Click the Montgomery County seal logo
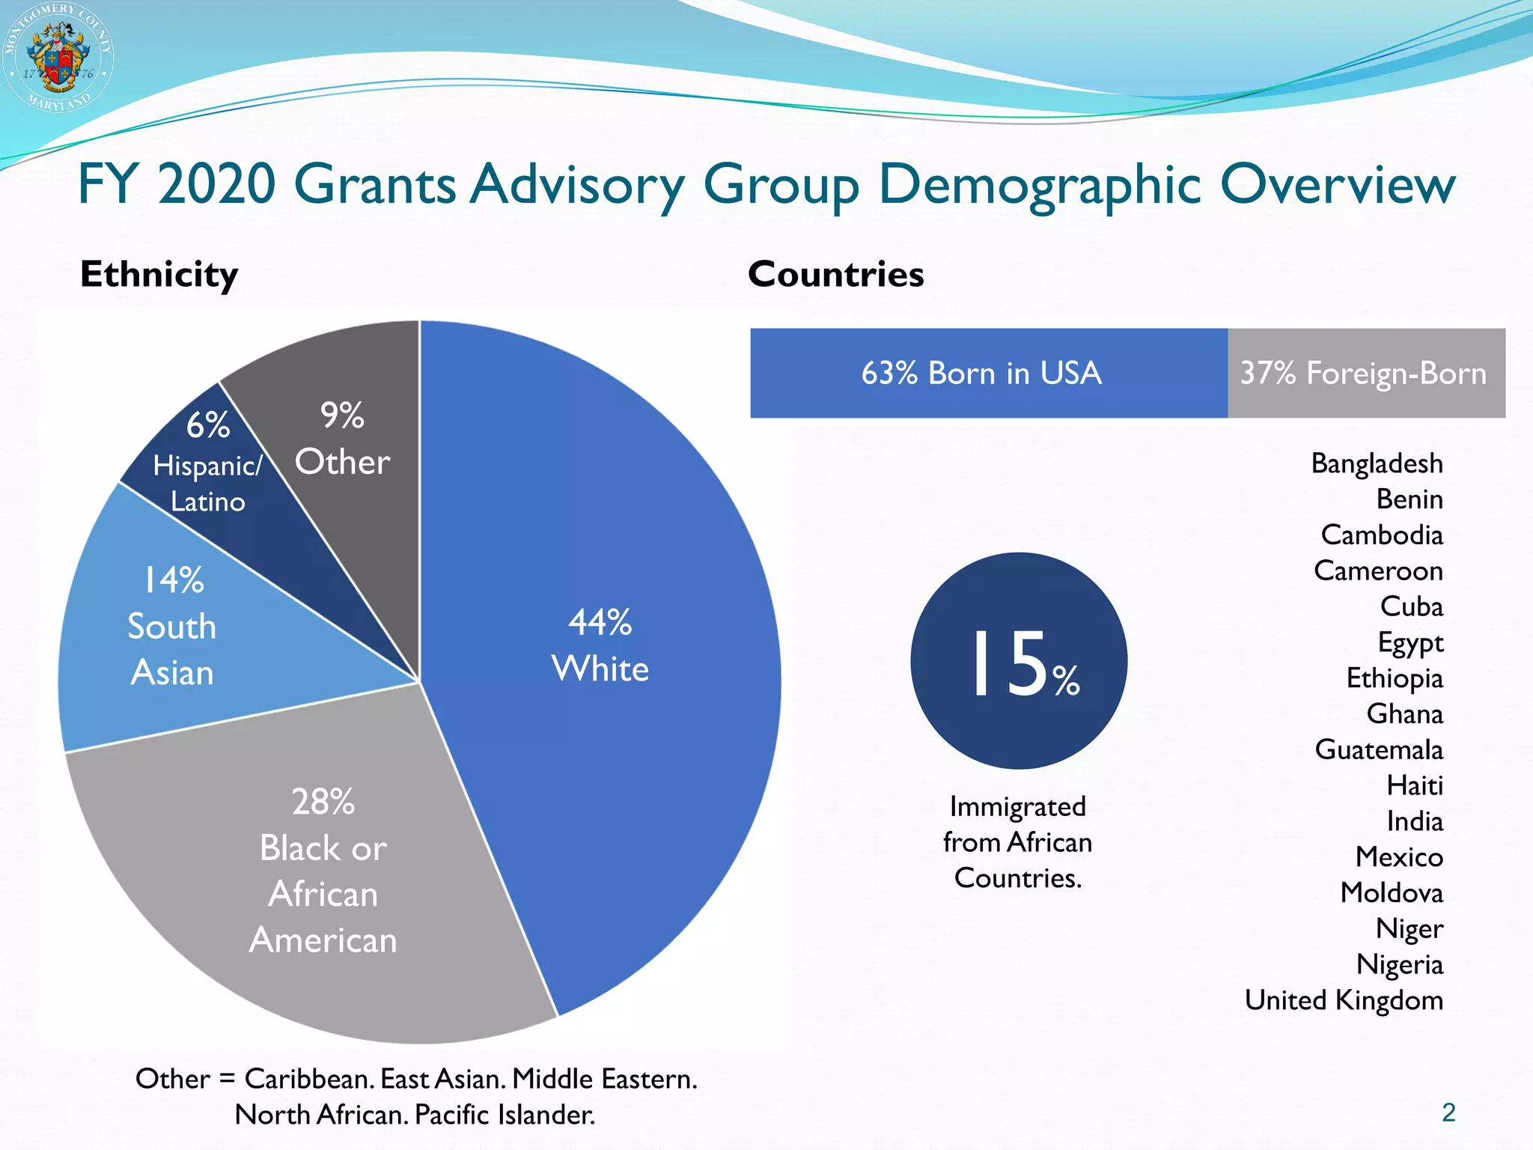[58, 57]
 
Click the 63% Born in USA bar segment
[981, 373]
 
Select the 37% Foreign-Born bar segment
[1364, 373]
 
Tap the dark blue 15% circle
[1019, 661]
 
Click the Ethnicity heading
[159, 274]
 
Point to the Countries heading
[835, 274]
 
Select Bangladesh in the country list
[1377, 463]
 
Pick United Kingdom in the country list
[1344, 1000]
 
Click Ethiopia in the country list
[1394, 678]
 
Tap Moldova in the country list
[1391, 892]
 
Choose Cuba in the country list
[1411, 606]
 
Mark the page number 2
[1448, 1113]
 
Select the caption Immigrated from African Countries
[1017, 842]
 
